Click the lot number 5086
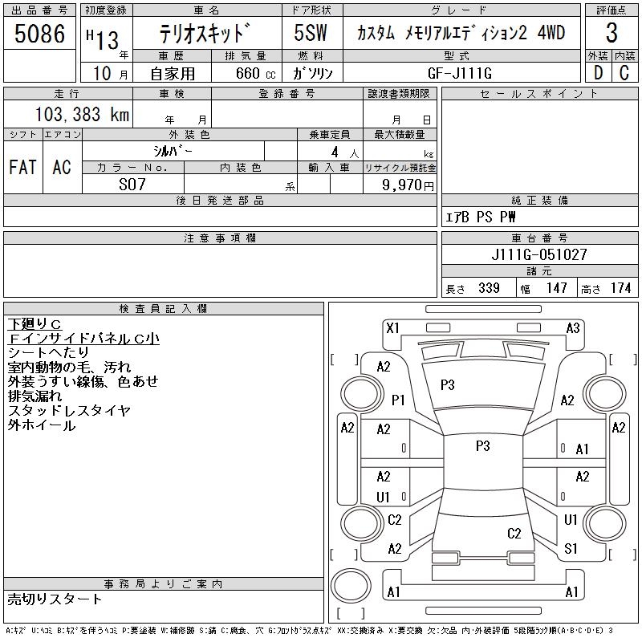pos(39,35)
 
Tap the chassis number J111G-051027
pos(539,255)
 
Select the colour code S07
pos(133,184)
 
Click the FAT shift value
pos(22,168)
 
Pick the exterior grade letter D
pos(597,73)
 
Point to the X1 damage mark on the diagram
pos(392,328)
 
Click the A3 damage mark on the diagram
pos(573,328)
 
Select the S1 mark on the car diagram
pos(571,549)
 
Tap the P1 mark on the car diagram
pos(398,399)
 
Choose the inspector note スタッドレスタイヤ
pos(69,410)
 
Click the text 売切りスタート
pos(55,599)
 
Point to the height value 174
pos(620,288)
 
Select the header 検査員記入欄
pos(163,308)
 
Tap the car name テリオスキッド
pos(206,35)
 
